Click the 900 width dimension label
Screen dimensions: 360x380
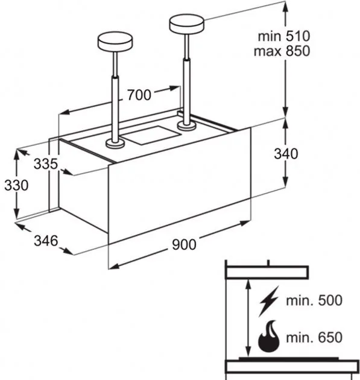pos(184,244)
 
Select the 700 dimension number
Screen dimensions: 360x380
pos(139,95)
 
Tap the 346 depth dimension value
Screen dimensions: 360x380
pos(46,241)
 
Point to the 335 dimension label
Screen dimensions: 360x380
pos(46,163)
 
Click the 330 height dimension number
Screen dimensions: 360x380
pos(16,185)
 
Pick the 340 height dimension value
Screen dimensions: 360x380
pos(286,154)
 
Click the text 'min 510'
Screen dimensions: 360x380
pos(284,36)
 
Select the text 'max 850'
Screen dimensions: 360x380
pos(282,51)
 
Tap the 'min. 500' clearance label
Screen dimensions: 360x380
pos(314,300)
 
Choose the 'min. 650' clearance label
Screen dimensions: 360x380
pos(314,337)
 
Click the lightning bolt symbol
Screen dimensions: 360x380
pos(269,301)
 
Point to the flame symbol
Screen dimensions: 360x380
pos(269,337)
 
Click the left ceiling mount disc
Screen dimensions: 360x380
pos(115,43)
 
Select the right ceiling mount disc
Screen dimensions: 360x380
pos(186,24)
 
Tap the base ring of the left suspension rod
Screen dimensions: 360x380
pos(115,144)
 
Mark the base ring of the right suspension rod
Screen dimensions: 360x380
pos(186,126)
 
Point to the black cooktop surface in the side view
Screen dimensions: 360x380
pos(289,359)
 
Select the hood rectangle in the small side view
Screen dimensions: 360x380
pos(267,273)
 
